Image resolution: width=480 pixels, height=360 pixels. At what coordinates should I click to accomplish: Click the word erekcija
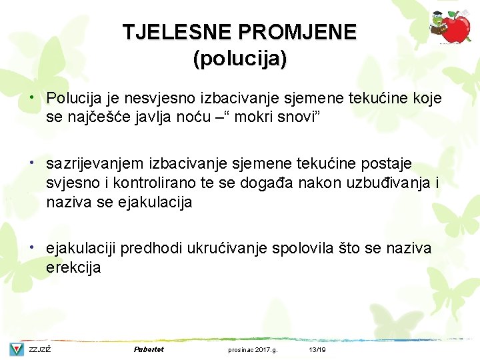coord(73,268)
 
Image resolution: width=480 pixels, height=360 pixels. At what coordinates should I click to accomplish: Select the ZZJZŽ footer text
coord(40,349)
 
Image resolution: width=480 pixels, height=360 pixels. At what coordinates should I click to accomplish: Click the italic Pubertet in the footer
coord(149,349)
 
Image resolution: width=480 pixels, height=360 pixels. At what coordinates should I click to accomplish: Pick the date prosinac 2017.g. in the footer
coord(253,349)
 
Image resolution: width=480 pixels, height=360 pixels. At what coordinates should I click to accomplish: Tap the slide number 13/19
coord(317,349)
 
